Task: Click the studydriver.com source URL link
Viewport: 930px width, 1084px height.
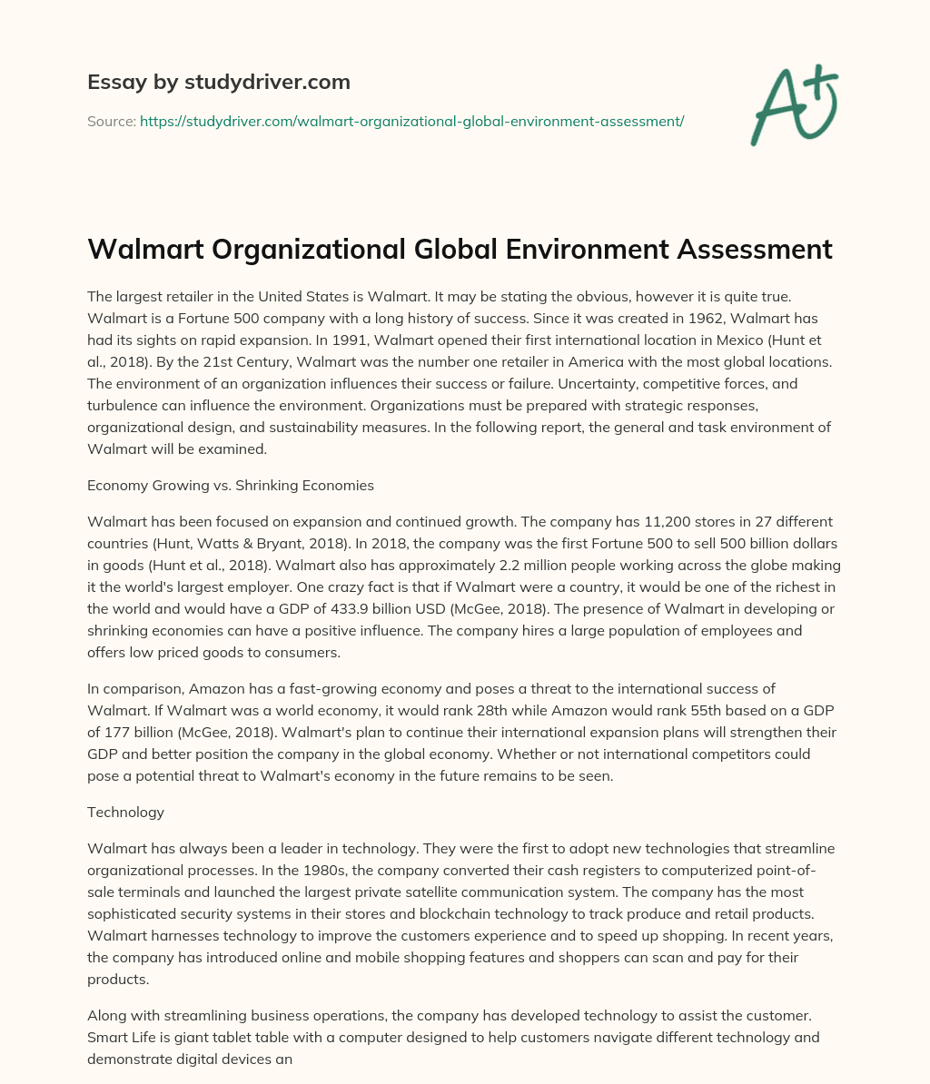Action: pos(411,121)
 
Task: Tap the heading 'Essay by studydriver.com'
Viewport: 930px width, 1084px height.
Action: pos(218,82)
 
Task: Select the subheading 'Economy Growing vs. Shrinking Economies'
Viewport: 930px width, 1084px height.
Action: pos(231,485)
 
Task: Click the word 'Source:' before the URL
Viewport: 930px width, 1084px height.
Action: pos(112,121)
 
